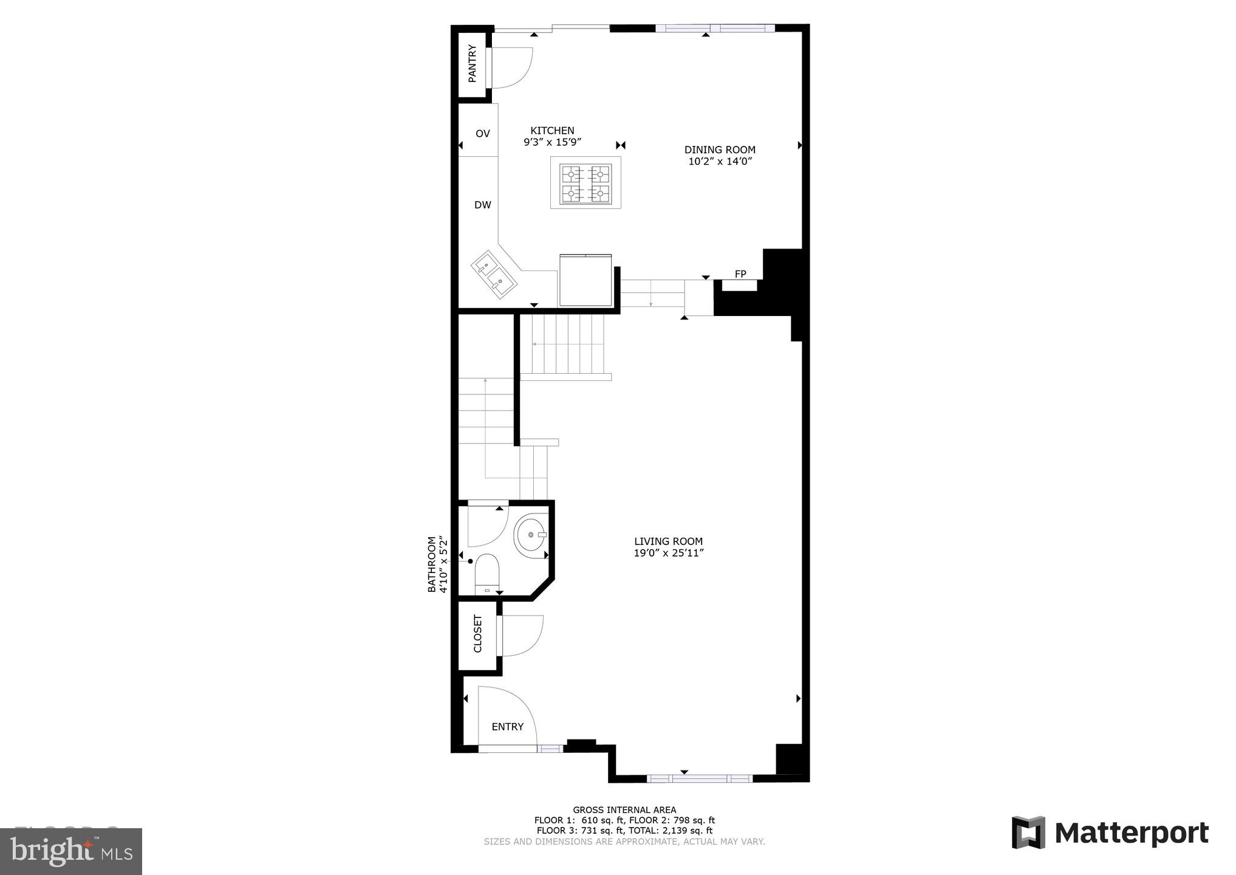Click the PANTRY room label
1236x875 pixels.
472,64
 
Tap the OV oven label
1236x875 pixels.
482,134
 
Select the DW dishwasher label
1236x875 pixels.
482,205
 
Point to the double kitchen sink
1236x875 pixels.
494,275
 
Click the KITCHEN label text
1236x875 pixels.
552,131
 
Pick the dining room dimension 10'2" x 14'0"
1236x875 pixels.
720,162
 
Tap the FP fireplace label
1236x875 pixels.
740,274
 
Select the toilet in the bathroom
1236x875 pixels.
487,571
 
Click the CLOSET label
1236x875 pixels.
477,634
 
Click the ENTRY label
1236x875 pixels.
507,727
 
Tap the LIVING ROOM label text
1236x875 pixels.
668,541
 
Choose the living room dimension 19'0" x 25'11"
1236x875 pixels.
668,553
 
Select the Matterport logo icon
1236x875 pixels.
1028,832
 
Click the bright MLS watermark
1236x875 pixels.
71,851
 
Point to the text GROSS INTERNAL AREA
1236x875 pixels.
624,809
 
